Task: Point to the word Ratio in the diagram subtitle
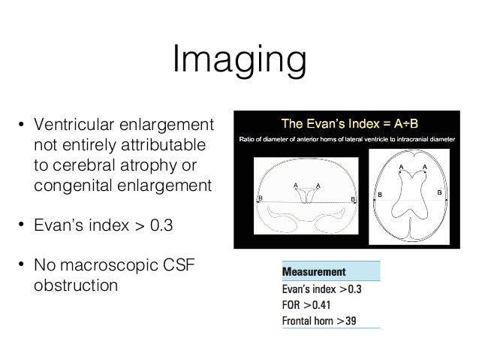[x=249, y=139]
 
